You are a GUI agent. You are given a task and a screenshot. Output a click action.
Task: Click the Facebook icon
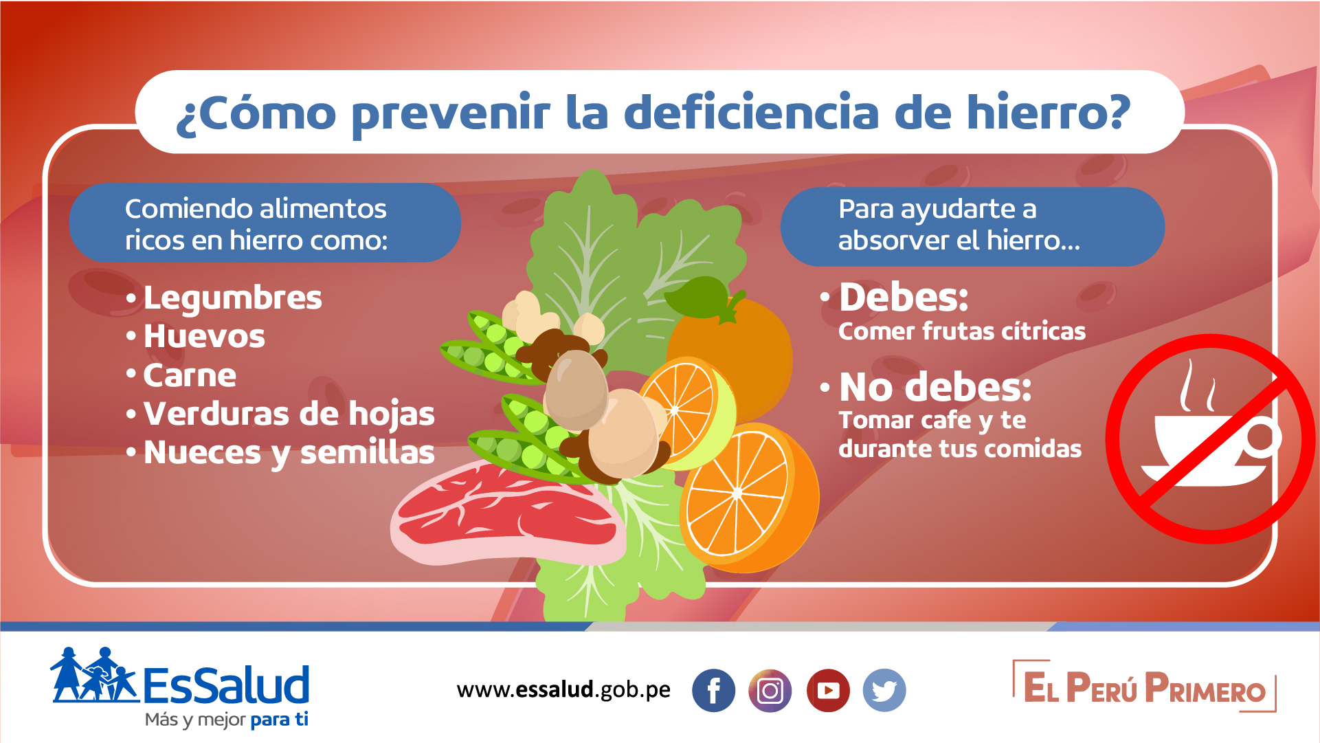pyautogui.click(x=713, y=690)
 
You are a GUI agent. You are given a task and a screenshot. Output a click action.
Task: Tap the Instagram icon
pyautogui.click(x=770, y=690)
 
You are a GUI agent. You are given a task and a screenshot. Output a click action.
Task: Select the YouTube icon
pyautogui.click(x=828, y=690)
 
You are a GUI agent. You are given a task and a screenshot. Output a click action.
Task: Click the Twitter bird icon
pyautogui.click(x=884, y=690)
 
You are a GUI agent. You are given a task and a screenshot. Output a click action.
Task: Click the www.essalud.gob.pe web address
pyautogui.click(x=563, y=689)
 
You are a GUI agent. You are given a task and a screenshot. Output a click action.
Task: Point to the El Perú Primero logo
pyautogui.click(x=1144, y=687)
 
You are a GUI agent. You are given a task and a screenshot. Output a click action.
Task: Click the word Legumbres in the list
pyautogui.click(x=232, y=298)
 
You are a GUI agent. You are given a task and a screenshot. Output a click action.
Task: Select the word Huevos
pyautogui.click(x=204, y=336)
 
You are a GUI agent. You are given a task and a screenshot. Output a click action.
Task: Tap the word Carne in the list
pyautogui.click(x=190, y=375)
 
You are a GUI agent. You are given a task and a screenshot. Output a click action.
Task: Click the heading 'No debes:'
pyautogui.click(x=935, y=387)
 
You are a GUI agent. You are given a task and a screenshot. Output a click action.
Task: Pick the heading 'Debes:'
pyautogui.click(x=904, y=297)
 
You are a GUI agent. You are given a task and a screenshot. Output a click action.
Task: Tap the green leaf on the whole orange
pyautogui.click(x=697, y=298)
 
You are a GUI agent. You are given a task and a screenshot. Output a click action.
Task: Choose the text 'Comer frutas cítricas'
pyautogui.click(x=962, y=331)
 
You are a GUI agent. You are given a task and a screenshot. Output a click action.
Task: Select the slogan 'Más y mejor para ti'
pyautogui.click(x=227, y=720)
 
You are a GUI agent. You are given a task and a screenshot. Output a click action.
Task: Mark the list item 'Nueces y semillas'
pyautogui.click(x=289, y=452)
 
